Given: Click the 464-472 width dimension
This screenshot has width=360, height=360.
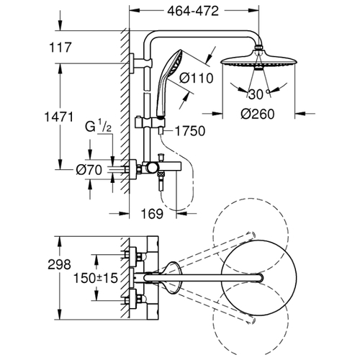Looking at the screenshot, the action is pos(193,11).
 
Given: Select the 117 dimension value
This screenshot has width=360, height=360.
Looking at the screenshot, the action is pos(60,48).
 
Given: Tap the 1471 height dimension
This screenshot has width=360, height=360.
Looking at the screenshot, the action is pos(59,117).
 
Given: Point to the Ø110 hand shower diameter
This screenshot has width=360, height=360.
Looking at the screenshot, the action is pos(196,78).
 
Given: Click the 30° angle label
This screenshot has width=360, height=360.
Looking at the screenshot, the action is pos(258,94).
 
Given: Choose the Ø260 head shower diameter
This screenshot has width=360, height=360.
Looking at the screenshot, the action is pos(257,114).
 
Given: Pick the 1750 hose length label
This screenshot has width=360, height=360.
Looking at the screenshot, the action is pos(190,131).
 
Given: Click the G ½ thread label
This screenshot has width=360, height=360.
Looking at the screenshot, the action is pos(99,127).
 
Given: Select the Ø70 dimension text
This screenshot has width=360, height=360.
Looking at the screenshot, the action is pos(89,170).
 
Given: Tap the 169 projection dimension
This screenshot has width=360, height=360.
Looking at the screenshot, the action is pos(152,214).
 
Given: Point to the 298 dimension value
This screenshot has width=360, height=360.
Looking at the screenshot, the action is pos(59,264).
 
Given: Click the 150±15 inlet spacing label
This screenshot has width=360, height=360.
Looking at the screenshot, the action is pos(96,278).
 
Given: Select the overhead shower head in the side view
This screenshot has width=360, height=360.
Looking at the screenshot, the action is pos(258,59).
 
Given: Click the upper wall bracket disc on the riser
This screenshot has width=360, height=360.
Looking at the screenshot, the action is pos(132,63).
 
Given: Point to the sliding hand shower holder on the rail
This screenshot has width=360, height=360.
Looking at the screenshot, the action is pos(149,122).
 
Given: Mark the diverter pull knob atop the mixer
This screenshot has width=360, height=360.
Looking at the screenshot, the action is pos(161,158).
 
